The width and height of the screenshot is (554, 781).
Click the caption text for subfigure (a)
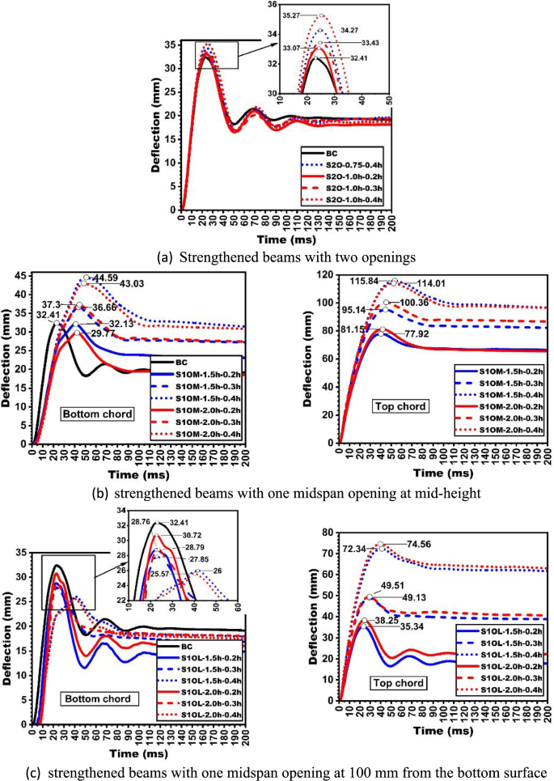[x=277, y=257]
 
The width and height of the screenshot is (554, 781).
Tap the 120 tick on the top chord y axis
[x=328, y=275]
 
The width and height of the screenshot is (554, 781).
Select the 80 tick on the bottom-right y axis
[x=328, y=532]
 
